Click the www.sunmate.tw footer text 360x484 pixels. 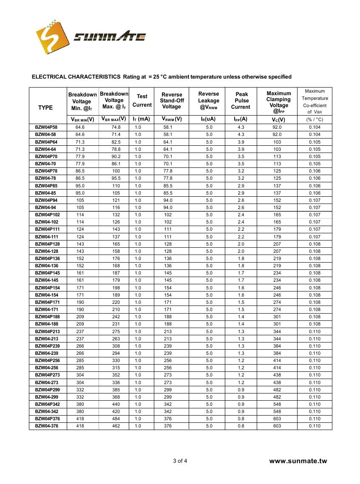point(298,461)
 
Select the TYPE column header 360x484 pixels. point(45,108)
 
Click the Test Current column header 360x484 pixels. point(142,101)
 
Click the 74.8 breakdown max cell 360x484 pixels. point(116,127)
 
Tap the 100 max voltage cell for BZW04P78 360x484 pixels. point(116,171)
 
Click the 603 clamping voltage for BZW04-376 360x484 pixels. point(277,426)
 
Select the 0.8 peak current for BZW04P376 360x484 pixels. point(241,419)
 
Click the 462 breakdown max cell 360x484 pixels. point(116,426)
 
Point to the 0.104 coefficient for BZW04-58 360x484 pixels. point(315,134)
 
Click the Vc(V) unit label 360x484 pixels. point(278,120)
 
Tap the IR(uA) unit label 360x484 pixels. point(208,119)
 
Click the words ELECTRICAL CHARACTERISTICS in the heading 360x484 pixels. point(76,77)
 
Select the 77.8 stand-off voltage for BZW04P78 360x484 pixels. point(168,171)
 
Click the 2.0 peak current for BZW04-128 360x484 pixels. point(241,251)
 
